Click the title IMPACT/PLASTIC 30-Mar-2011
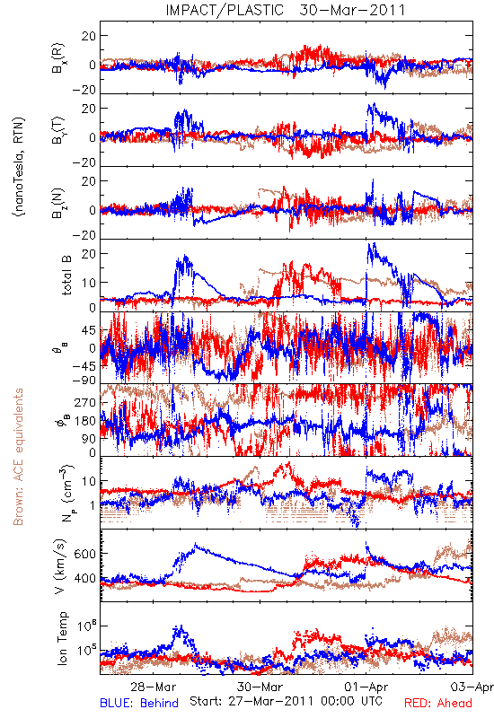(x=286, y=10)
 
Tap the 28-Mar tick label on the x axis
(x=153, y=687)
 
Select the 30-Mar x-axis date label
(x=260, y=687)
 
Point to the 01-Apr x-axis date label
(x=366, y=687)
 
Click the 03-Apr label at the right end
(x=472, y=687)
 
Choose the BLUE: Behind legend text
(x=139, y=704)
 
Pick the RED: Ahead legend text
(x=438, y=704)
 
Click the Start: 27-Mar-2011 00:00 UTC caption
(x=286, y=701)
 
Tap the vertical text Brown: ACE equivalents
(x=18, y=457)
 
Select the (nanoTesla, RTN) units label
(x=19, y=167)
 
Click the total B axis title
(x=66, y=275)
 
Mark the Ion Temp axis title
(x=62, y=638)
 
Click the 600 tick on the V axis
(x=84, y=554)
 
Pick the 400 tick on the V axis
(x=84, y=579)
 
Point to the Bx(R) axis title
(x=58, y=58)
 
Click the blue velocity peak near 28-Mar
(x=196, y=544)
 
